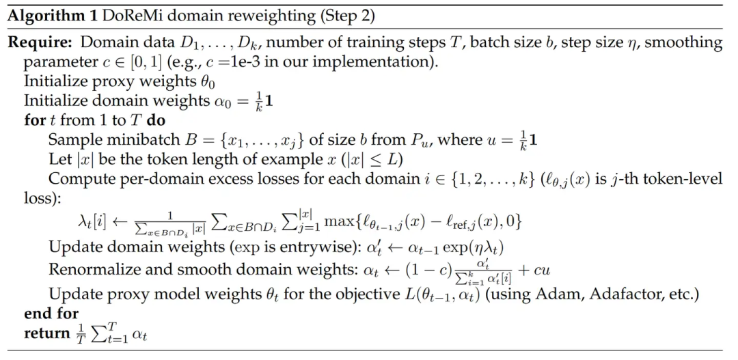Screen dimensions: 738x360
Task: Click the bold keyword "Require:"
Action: (40, 43)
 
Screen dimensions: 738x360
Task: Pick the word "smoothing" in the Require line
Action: (683, 43)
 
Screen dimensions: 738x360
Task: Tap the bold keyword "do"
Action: (154, 120)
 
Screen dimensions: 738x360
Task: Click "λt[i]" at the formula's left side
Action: (91, 223)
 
